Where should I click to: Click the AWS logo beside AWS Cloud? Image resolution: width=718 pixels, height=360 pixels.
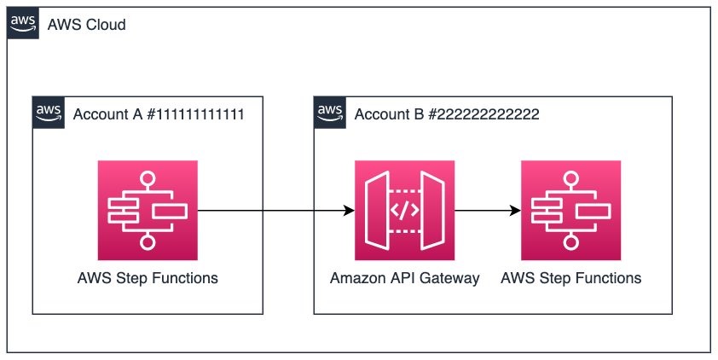point(23,23)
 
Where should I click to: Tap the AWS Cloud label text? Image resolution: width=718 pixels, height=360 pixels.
point(86,24)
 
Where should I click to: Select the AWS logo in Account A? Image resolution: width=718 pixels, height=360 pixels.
point(49,113)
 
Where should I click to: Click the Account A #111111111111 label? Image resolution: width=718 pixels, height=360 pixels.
point(159,114)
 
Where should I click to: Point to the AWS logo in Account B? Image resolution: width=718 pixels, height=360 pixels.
point(330,113)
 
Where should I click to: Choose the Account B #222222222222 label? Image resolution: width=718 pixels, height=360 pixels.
point(447,114)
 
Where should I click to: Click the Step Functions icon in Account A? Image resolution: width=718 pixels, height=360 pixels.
point(148,210)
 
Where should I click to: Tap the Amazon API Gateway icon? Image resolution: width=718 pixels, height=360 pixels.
point(405,210)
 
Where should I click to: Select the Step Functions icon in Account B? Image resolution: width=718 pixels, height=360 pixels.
point(571,210)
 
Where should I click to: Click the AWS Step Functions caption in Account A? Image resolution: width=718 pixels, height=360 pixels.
point(148,278)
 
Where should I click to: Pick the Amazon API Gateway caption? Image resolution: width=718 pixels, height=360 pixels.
point(405,278)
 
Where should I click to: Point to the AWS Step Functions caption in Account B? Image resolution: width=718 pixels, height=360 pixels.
point(571,278)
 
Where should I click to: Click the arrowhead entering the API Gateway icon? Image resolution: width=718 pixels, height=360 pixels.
point(350,210)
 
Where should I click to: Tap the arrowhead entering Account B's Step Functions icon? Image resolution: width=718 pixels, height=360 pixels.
point(516,210)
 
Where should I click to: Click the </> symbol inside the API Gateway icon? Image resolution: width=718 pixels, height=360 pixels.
point(404,210)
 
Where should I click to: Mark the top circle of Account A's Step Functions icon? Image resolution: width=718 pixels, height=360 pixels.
point(148,179)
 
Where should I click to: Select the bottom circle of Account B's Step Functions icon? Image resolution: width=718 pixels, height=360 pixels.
point(570,241)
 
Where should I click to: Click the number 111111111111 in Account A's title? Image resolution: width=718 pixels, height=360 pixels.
point(200,114)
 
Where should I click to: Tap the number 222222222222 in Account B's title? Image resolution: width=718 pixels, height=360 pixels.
point(489,114)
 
